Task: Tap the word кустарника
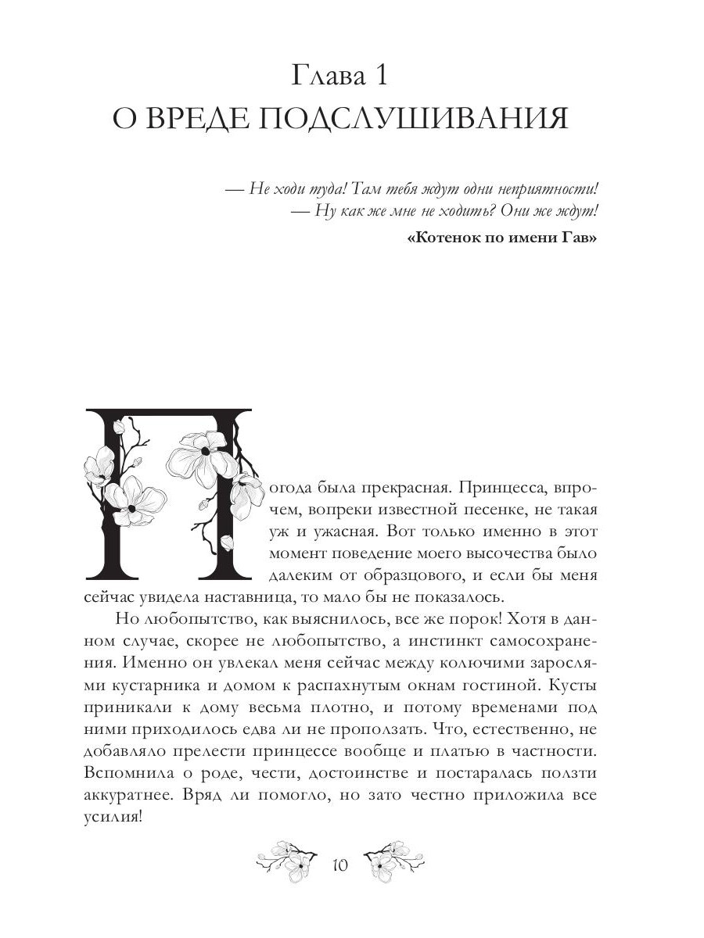coord(178,686)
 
